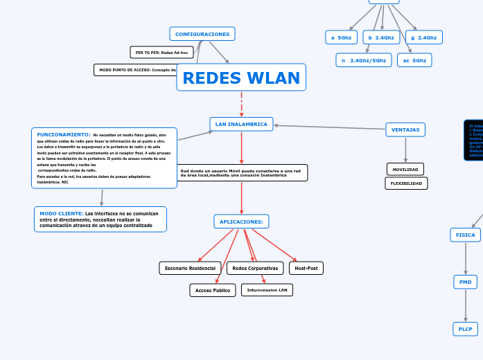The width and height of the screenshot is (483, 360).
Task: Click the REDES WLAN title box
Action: tap(241, 78)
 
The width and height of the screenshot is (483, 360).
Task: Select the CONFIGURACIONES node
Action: tap(202, 34)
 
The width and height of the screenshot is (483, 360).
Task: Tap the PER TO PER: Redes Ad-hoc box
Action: tap(161, 53)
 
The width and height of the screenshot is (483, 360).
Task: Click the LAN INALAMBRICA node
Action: tap(241, 124)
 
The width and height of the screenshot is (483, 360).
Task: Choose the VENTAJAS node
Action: tap(405, 129)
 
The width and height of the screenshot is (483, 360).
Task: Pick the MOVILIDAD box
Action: tap(405, 170)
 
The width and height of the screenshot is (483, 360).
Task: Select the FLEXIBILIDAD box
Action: tap(406, 183)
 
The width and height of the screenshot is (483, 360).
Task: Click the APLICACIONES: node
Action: tap(241, 222)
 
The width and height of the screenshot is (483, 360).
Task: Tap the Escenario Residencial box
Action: tap(190, 268)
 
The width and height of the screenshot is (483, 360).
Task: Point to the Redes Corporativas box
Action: tap(255, 268)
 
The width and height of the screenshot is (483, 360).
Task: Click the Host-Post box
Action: tap(306, 268)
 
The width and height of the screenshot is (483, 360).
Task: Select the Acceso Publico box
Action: tap(213, 290)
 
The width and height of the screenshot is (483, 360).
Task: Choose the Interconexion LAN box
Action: tap(267, 290)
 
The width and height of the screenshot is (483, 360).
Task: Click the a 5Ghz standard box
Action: tap(341, 37)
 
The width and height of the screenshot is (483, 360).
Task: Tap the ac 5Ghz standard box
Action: tap(414, 60)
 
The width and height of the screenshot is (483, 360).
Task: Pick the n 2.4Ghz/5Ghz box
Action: tap(364, 60)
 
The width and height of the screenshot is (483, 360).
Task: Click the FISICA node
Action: tap(465, 235)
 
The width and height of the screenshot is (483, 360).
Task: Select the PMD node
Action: tap(465, 282)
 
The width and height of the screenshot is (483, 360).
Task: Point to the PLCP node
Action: tap(465, 330)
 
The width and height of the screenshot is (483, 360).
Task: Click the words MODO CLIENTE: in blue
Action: tap(61, 213)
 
